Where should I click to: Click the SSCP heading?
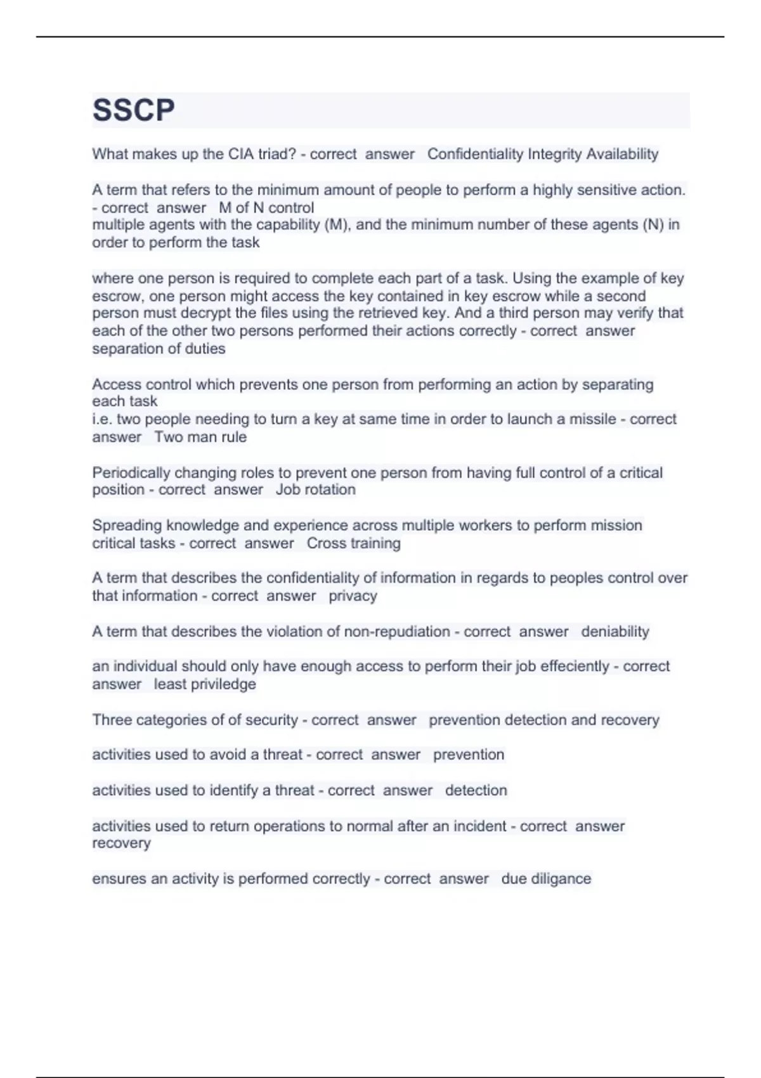(134, 110)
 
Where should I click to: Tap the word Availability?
(622, 154)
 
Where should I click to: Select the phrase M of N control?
(266, 208)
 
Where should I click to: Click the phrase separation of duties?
(159, 349)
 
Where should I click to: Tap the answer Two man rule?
(200, 437)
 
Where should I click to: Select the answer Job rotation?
(315, 490)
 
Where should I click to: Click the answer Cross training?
(353, 543)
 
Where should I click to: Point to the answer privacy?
(353, 596)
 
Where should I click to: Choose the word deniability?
(615, 632)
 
